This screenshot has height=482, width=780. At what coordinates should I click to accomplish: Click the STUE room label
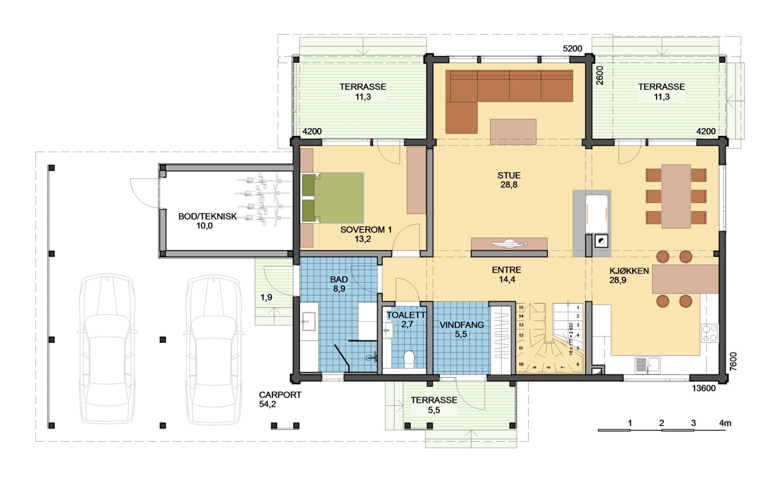(x=509, y=175)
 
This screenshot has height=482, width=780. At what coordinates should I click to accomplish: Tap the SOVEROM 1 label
(x=366, y=229)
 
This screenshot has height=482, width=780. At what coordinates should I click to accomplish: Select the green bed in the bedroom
(x=332, y=198)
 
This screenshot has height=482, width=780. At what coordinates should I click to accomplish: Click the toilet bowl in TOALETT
(x=409, y=359)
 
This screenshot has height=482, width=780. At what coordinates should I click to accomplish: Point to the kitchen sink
(x=647, y=365)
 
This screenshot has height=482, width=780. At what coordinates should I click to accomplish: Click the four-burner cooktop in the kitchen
(x=709, y=334)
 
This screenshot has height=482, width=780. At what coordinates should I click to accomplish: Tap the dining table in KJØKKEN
(x=676, y=196)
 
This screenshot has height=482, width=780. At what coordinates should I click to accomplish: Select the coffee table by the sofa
(x=513, y=132)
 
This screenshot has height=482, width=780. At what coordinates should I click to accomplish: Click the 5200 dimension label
(x=572, y=48)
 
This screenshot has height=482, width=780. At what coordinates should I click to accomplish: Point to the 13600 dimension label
(x=704, y=388)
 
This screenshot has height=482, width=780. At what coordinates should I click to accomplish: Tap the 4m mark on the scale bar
(x=725, y=423)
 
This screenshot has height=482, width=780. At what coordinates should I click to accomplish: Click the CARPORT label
(x=280, y=395)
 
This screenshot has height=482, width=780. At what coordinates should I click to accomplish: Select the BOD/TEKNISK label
(x=208, y=216)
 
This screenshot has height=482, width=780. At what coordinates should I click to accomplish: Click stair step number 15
(x=522, y=308)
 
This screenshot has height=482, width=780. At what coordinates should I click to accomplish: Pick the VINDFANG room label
(x=462, y=325)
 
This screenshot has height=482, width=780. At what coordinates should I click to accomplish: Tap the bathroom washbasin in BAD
(x=309, y=321)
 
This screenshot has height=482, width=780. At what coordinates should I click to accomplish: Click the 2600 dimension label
(x=600, y=75)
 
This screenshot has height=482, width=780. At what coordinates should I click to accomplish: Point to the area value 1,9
(x=267, y=297)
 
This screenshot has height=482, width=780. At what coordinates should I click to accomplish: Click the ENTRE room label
(x=507, y=269)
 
